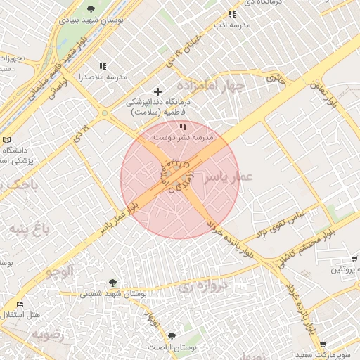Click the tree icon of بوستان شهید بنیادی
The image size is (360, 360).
(x=91, y=9)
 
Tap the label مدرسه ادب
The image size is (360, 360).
(x=232, y=25)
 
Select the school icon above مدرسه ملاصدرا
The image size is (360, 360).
(x=103, y=67)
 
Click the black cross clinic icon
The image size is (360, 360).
(x=157, y=91)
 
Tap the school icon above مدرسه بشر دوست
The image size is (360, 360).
(x=184, y=127)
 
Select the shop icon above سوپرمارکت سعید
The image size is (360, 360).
(x=323, y=345)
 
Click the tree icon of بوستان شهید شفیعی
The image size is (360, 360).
(x=113, y=283)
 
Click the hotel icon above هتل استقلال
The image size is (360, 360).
(x=20, y=305)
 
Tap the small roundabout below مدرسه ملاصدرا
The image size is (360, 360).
(x=105, y=112)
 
